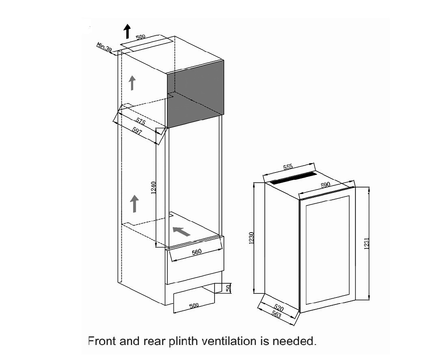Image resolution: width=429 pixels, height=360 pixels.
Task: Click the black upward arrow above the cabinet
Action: pyautogui.click(x=127, y=31)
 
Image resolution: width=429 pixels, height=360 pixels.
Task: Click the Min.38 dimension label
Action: pyautogui.click(x=104, y=47)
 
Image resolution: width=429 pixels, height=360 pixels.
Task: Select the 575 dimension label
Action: pyautogui.click(x=141, y=121)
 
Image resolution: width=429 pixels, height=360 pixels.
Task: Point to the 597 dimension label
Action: pyautogui.click(x=137, y=131)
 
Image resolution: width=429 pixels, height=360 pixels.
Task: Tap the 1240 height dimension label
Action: pyautogui.click(x=154, y=188)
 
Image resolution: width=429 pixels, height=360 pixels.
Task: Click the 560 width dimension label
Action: pyautogui.click(x=197, y=252)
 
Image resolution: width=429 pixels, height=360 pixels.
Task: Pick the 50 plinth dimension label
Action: pyautogui.click(x=229, y=288)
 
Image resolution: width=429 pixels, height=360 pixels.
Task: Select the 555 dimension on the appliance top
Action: pyautogui.click(x=288, y=167)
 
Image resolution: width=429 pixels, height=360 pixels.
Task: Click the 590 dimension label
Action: pyautogui.click(x=325, y=185)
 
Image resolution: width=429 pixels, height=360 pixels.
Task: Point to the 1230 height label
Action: pyautogui.click(x=252, y=238)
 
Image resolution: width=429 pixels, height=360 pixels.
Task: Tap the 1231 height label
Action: pyautogui.click(x=367, y=243)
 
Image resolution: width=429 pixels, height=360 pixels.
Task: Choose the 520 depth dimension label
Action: pyautogui.click(x=279, y=308)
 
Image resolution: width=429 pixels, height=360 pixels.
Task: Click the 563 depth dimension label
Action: pyautogui.click(x=276, y=315)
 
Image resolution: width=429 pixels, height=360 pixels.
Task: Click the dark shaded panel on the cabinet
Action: pyautogui.click(x=195, y=94)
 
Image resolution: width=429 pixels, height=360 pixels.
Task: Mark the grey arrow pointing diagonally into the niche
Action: pyautogui.click(x=182, y=231)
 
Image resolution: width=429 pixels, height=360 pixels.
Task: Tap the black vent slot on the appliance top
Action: pyautogui.click(x=293, y=178)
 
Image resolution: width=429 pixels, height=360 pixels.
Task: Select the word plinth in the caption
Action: pyautogui.click(x=183, y=341)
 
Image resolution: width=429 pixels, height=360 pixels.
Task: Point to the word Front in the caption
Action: pyautogui.click(x=102, y=341)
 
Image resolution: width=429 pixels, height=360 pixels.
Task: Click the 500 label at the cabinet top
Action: pyautogui.click(x=140, y=37)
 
